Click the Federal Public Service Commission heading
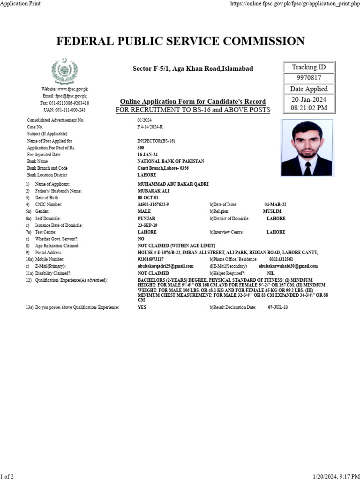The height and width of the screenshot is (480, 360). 180,41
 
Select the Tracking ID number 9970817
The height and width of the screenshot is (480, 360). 309,78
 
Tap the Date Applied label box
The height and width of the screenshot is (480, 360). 309,89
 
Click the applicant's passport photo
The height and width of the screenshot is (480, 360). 307,147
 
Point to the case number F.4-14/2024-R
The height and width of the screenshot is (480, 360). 150,127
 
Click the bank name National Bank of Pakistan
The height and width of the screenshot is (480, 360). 171,161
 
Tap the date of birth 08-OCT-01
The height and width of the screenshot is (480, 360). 148,198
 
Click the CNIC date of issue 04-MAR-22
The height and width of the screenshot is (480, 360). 275,205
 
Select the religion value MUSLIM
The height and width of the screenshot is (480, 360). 272,211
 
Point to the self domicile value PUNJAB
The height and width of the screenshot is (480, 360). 146,218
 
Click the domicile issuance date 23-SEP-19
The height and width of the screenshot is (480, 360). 147,225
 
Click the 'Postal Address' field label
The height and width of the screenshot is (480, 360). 49,252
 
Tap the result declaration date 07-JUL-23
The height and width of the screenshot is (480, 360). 277,307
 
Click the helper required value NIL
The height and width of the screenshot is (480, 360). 270,273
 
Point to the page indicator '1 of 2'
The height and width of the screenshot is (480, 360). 7,476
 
